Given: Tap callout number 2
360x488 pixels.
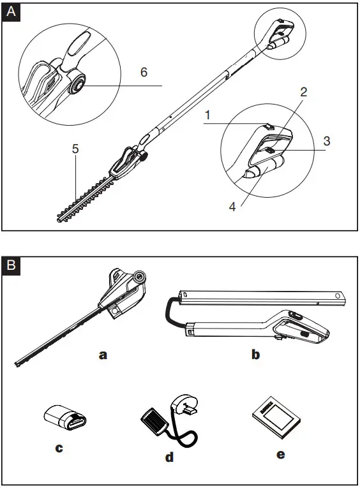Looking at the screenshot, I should pos(304,92).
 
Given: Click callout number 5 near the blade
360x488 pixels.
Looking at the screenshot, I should pos(75,149).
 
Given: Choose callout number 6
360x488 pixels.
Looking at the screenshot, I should pos(144,72).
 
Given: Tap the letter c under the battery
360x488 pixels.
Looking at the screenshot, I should pos(59,448).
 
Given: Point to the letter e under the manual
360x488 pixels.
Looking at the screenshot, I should pos(281,454).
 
